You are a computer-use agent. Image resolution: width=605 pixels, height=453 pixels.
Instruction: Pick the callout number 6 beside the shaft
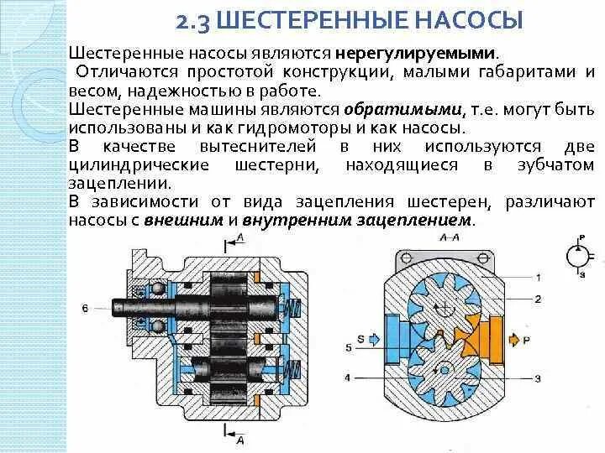(x=85, y=309)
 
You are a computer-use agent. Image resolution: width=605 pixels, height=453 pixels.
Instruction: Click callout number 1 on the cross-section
(x=538, y=277)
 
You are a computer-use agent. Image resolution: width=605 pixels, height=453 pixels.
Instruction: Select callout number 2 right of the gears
(x=538, y=299)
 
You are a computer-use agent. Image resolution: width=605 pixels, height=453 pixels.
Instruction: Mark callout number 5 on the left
(x=347, y=346)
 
